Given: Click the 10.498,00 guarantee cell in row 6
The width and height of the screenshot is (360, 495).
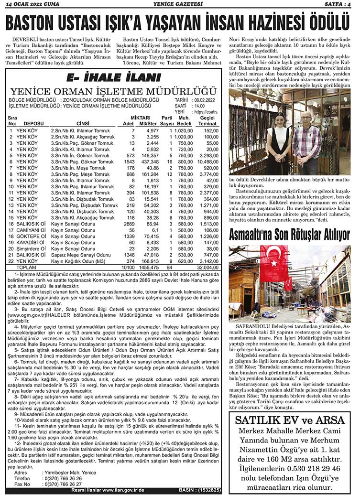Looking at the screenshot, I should (x=207, y=162).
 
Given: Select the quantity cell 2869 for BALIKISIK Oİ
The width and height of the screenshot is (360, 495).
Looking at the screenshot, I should (x=129, y=224).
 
